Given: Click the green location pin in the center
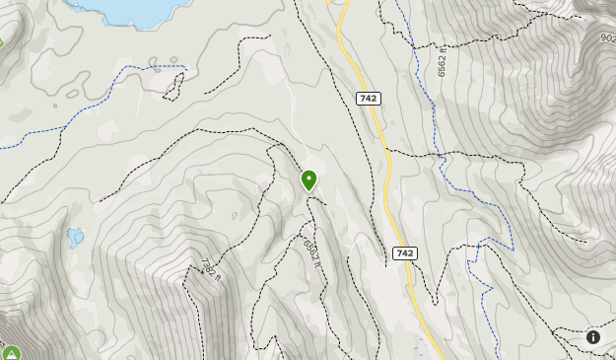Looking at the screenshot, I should coord(309,180).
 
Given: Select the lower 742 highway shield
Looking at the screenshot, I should coord(403,253).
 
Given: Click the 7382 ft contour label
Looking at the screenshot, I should coord(208,268).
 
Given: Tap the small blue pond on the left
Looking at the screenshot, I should coord(75,236).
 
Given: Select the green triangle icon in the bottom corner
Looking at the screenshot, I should coord(11,353).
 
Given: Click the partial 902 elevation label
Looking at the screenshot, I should coord(607,37).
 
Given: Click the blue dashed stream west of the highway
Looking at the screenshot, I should coord(59,124).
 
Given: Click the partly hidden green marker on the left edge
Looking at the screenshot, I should coord(1,41).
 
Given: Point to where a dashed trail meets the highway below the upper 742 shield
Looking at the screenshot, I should coord(387,151).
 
